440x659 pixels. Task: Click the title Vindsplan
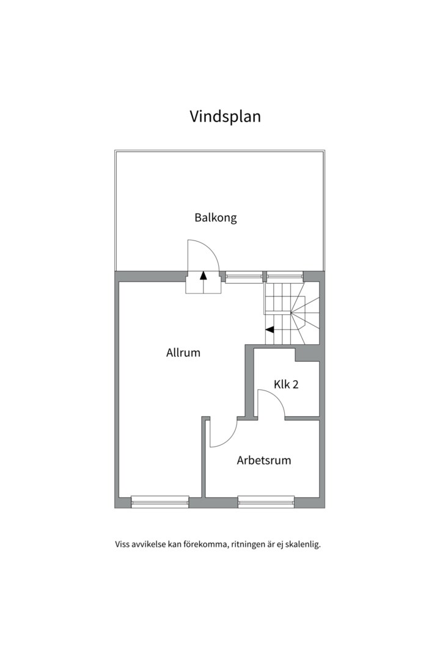(225, 116)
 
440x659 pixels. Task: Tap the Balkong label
(215, 217)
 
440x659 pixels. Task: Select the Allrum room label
(183, 353)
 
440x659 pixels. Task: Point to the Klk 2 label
(285, 384)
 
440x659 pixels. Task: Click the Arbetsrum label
(263, 460)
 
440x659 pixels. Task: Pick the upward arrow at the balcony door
(204, 275)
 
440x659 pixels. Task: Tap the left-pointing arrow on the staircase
(269, 330)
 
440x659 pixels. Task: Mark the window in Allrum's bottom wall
(160, 502)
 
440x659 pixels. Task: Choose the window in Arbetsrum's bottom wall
(266, 502)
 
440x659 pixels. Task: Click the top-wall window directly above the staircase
(284, 276)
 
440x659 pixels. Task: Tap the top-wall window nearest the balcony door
(244, 276)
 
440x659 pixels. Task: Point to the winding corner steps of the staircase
(305, 312)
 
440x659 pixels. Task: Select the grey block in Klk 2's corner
(307, 353)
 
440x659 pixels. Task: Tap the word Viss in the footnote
(122, 544)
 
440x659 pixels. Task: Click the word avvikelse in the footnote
(149, 544)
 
